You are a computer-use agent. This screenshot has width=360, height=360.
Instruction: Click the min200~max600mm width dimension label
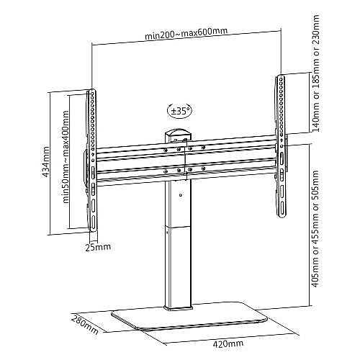(186, 34)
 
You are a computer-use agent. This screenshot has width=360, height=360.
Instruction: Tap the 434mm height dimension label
(46, 161)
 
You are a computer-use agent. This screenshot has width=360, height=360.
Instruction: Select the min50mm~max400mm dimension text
(66, 157)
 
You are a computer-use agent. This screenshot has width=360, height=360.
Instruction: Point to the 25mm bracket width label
(98, 247)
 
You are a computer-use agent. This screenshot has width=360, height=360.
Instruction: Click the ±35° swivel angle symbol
(180, 110)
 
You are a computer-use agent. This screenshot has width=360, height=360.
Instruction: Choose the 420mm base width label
(228, 343)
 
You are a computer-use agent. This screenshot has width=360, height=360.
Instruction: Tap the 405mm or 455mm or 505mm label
(315, 229)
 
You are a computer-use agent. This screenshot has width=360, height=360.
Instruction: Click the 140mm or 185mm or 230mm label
(315, 73)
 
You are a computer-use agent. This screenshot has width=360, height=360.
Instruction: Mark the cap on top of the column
(179, 134)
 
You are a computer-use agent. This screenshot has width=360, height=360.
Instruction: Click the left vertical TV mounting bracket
(92, 161)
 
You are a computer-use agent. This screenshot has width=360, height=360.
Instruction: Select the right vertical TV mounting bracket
(281, 146)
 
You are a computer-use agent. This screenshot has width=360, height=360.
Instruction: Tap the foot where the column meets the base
(179, 308)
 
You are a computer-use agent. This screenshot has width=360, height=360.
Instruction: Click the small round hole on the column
(181, 195)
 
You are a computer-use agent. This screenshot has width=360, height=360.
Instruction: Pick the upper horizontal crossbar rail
(186, 148)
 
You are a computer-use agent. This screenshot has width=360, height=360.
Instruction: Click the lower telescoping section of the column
(179, 266)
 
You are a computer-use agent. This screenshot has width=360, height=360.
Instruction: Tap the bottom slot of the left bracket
(93, 222)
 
